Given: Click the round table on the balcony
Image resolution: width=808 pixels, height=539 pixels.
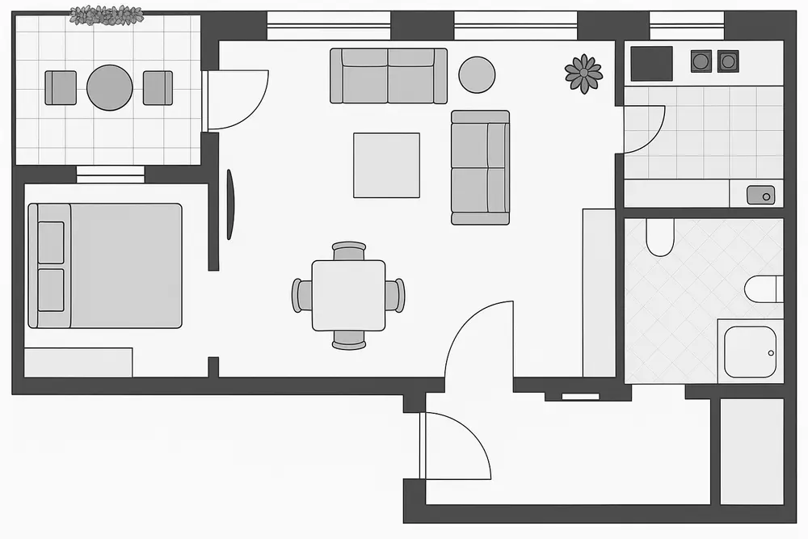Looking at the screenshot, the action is click(109, 87).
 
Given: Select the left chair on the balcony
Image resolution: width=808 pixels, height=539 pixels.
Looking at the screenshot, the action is click(61, 87).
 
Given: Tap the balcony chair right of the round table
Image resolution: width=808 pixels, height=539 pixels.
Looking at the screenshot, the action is click(158, 87).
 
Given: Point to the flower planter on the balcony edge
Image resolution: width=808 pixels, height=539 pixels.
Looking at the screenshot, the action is click(106, 15).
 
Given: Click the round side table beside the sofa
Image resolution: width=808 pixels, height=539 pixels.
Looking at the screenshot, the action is click(477, 74).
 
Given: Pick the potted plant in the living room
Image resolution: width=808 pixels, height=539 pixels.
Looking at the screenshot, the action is click(583, 74).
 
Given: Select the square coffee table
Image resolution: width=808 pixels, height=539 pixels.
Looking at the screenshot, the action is click(386, 165).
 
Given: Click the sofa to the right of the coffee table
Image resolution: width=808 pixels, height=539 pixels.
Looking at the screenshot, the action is click(480, 167).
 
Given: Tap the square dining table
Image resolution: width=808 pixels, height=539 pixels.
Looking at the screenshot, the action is click(348, 295).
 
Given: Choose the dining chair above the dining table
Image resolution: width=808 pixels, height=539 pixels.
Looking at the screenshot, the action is click(349, 251).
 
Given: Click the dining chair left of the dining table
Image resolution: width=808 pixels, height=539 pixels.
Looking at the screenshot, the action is click(302, 295).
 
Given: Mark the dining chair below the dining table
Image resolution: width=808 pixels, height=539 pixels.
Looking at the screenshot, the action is click(349, 339).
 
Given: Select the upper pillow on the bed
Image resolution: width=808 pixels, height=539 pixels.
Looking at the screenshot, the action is click(51, 242).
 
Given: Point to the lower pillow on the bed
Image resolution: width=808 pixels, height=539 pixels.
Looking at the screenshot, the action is click(51, 289).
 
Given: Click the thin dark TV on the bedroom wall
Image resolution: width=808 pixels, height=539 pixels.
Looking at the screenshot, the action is click(230, 204).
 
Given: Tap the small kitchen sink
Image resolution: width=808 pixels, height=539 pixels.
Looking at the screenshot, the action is click(760, 195).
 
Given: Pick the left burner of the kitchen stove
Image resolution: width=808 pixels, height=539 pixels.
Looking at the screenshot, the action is click(701, 61).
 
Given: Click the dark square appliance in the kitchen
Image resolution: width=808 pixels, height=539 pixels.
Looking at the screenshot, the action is click(651, 63).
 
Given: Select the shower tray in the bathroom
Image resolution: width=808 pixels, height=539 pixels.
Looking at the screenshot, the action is click(750, 352).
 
